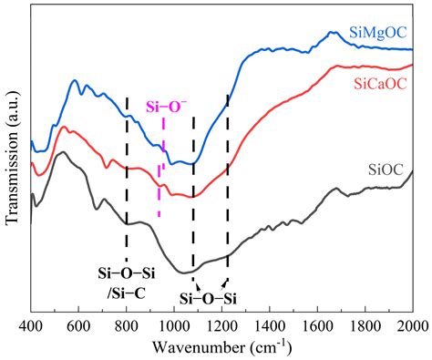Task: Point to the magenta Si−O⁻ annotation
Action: [164, 107]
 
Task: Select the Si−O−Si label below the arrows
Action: [208, 298]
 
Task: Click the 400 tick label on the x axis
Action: [31, 325]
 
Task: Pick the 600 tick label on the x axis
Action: [78, 325]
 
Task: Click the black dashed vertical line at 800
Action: [127, 182]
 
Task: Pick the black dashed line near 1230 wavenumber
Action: [227, 182]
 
